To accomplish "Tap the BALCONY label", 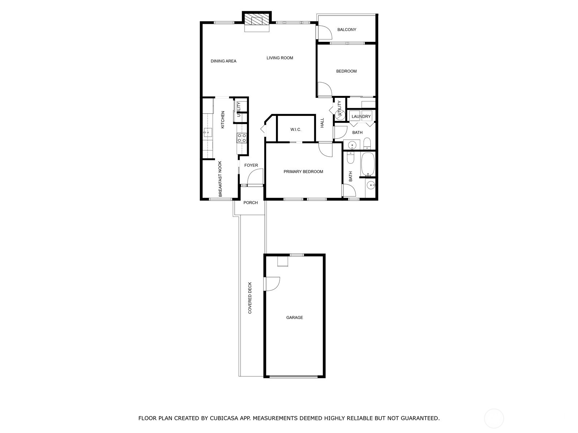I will pyautogui.click(x=346, y=30).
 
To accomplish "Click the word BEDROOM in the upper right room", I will pyautogui.click(x=346, y=71).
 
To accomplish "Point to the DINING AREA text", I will pyautogui.click(x=223, y=61).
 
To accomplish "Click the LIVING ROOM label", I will pyautogui.click(x=280, y=58).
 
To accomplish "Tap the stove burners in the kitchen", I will pyautogui.click(x=242, y=138).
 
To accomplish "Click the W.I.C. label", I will pyautogui.click(x=296, y=130).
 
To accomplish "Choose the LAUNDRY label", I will pyautogui.click(x=361, y=117).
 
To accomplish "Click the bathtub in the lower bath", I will pyautogui.click(x=368, y=164).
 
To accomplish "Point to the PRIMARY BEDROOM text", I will pyautogui.click(x=303, y=172).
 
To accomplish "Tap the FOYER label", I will pyautogui.click(x=251, y=166).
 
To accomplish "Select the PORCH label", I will pyautogui.click(x=250, y=203).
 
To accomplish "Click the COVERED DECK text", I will pyautogui.click(x=250, y=298).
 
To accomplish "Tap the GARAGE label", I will pyautogui.click(x=294, y=318).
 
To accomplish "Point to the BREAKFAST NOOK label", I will pyautogui.click(x=220, y=179).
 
